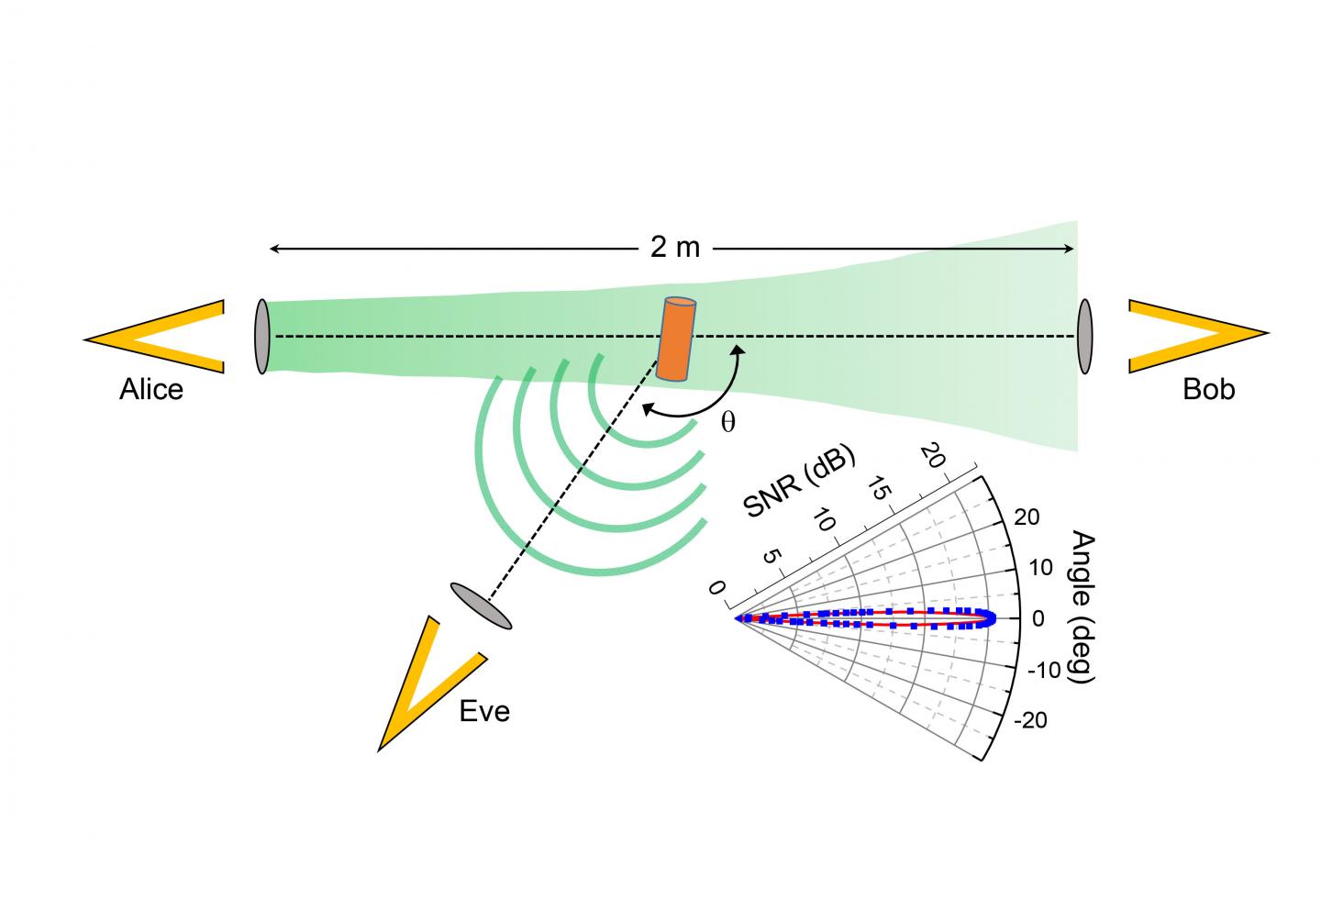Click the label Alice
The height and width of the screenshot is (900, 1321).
[151, 390]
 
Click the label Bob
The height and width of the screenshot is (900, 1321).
[1208, 390]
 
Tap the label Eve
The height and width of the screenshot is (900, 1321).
[484, 712]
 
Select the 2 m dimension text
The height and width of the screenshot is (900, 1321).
[674, 249]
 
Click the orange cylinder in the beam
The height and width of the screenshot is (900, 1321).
[676, 339]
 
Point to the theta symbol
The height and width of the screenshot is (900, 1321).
[727, 424]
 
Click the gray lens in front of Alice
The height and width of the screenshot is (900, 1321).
[261, 336]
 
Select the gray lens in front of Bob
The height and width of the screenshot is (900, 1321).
[1085, 336]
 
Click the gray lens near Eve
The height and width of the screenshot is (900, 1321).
[481, 606]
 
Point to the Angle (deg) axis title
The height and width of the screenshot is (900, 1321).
[1083, 606]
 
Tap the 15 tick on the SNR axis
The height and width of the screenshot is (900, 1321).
[878, 490]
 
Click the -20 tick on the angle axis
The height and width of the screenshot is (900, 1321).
[1029, 721]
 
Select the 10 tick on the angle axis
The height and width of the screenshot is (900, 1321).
[1040, 568]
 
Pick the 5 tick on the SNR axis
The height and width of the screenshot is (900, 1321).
[771, 557]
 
